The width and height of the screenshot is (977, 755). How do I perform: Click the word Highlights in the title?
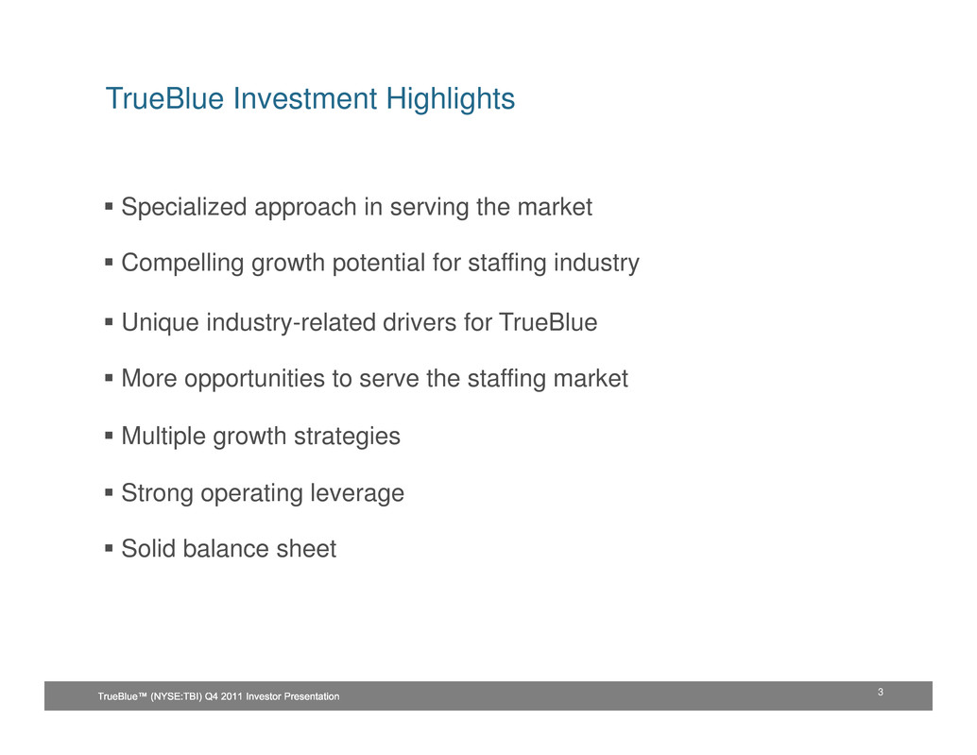click(450, 99)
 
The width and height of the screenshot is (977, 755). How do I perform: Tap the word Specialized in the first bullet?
click(184, 208)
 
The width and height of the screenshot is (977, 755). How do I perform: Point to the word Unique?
click(160, 323)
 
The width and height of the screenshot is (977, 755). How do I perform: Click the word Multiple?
click(163, 436)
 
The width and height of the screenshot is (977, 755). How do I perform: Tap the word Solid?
click(148, 549)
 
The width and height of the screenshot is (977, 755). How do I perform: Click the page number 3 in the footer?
click(881, 692)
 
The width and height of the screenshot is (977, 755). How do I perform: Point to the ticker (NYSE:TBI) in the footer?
click(177, 696)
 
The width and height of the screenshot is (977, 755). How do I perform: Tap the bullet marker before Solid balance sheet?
click(109, 548)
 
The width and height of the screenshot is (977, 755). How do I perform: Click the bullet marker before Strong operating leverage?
click(109, 492)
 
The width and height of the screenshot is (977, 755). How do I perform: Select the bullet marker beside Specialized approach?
click(109, 206)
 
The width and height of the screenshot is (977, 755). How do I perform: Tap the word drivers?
click(420, 322)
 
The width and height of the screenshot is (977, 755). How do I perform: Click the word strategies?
click(347, 437)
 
